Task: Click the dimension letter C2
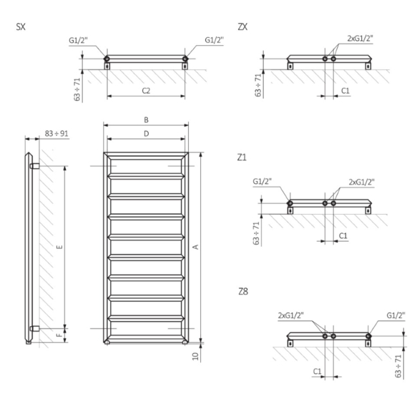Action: pyautogui.click(x=145, y=91)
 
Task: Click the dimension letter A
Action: pyautogui.click(x=195, y=247)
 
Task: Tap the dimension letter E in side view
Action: pyautogui.click(x=60, y=247)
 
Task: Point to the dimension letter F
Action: pyautogui.click(x=60, y=333)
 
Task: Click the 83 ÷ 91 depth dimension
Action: pyautogui.click(x=57, y=134)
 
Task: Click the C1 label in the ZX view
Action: pyautogui.click(x=345, y=91)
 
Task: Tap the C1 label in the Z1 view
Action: pyautogui.click(x=343, y=235)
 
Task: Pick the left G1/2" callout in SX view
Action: pyautogui.click(x=78, y=40)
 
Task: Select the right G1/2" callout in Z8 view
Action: pyautogui.click(x=395, y=315)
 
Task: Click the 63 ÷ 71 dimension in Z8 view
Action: pyautogui.click(x=398, y=363)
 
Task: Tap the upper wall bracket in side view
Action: pyautogui.click(x=36, y=166)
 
